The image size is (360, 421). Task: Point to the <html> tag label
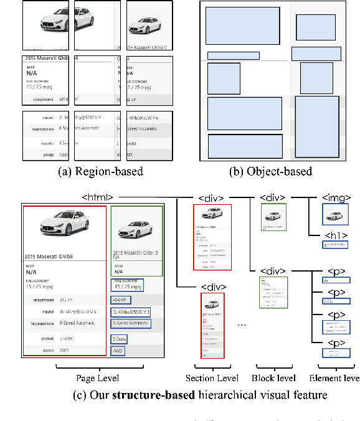pos(97,197)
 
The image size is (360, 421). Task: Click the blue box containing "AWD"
pos(118,351)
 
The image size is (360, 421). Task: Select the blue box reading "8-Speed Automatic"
pos(131,324)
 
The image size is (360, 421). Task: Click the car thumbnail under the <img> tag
pos(335,215)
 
